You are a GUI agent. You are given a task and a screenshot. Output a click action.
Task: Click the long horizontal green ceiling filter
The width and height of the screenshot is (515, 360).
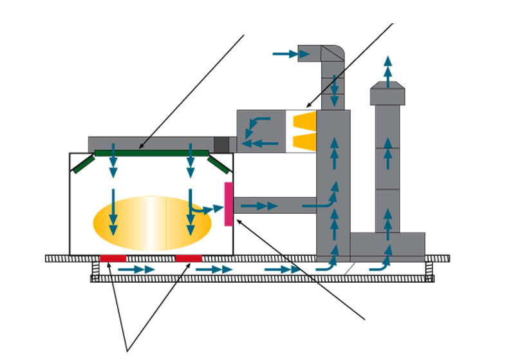pos(152,153)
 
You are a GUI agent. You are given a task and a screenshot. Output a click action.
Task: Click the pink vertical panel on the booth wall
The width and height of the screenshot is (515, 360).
pos(229,204)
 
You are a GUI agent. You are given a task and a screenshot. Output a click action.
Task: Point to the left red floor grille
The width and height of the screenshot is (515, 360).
pos(113,258)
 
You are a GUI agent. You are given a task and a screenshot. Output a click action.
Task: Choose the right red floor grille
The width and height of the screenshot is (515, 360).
pos(189,258)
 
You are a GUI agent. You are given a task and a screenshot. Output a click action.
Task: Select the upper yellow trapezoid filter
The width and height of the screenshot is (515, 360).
pos(304,120)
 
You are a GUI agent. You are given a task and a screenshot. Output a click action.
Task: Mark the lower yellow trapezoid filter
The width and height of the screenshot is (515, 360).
pos(304,142)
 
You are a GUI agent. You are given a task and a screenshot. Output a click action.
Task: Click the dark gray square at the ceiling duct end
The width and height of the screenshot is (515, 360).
pos(221,144)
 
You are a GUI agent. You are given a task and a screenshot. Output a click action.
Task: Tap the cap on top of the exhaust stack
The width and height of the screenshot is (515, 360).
pos(388,95)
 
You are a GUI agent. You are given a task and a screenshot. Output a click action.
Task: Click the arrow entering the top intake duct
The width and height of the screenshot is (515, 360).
pos(285,53)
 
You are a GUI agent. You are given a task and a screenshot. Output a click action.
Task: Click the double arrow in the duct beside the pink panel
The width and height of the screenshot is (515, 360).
pos(263,206)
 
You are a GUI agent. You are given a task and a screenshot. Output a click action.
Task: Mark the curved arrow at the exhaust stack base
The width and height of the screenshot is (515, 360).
pos(381,263)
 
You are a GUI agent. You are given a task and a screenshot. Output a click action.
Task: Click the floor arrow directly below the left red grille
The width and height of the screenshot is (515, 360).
pos(136,269)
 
